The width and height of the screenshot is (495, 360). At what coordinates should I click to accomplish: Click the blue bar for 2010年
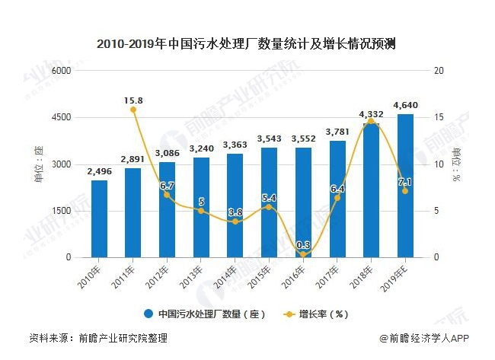tap(99, 219)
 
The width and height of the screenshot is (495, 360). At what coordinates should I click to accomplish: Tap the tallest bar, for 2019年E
tap(405, 186)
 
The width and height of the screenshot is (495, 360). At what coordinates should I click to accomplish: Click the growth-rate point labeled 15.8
tap(133, 110)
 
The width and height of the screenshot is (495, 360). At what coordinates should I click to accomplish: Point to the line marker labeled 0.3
tap(303, 254)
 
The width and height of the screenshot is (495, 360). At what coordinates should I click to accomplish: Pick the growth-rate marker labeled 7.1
tap(405, 191)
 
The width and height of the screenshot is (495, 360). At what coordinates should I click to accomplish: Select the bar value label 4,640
tap(405, 104)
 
